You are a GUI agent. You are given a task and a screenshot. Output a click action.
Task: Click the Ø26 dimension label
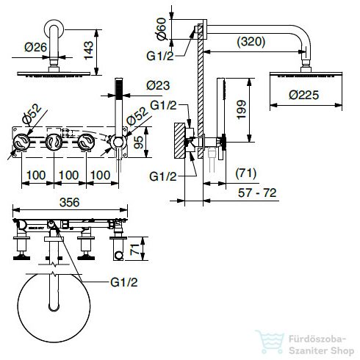pyautogui.click(x=35, y=47)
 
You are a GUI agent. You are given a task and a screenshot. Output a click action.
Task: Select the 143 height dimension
pyautogui.click(x=88, y=50)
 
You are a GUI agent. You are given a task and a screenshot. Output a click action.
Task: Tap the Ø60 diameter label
pyautogui.click(x=162, y=29)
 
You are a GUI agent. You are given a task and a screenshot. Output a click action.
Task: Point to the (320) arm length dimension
pyautogui.click(x=251, y=41)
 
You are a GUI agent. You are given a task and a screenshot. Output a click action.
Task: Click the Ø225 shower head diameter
pyautogui.click(x=303, y=95)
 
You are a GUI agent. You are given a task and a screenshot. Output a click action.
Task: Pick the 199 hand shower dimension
pyautogui.click(x=241, y=109)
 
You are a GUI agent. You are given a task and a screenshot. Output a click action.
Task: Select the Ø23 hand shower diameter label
pyautogui.click(x=158, y=85)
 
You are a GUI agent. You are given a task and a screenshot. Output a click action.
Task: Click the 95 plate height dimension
pyautogui.click(x=138, y=143)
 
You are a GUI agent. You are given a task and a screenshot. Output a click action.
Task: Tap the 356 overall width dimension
pyautogui.click(x=70, y=202)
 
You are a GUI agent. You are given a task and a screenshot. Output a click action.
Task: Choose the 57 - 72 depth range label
pyautogui.click(x=257, y=192)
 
